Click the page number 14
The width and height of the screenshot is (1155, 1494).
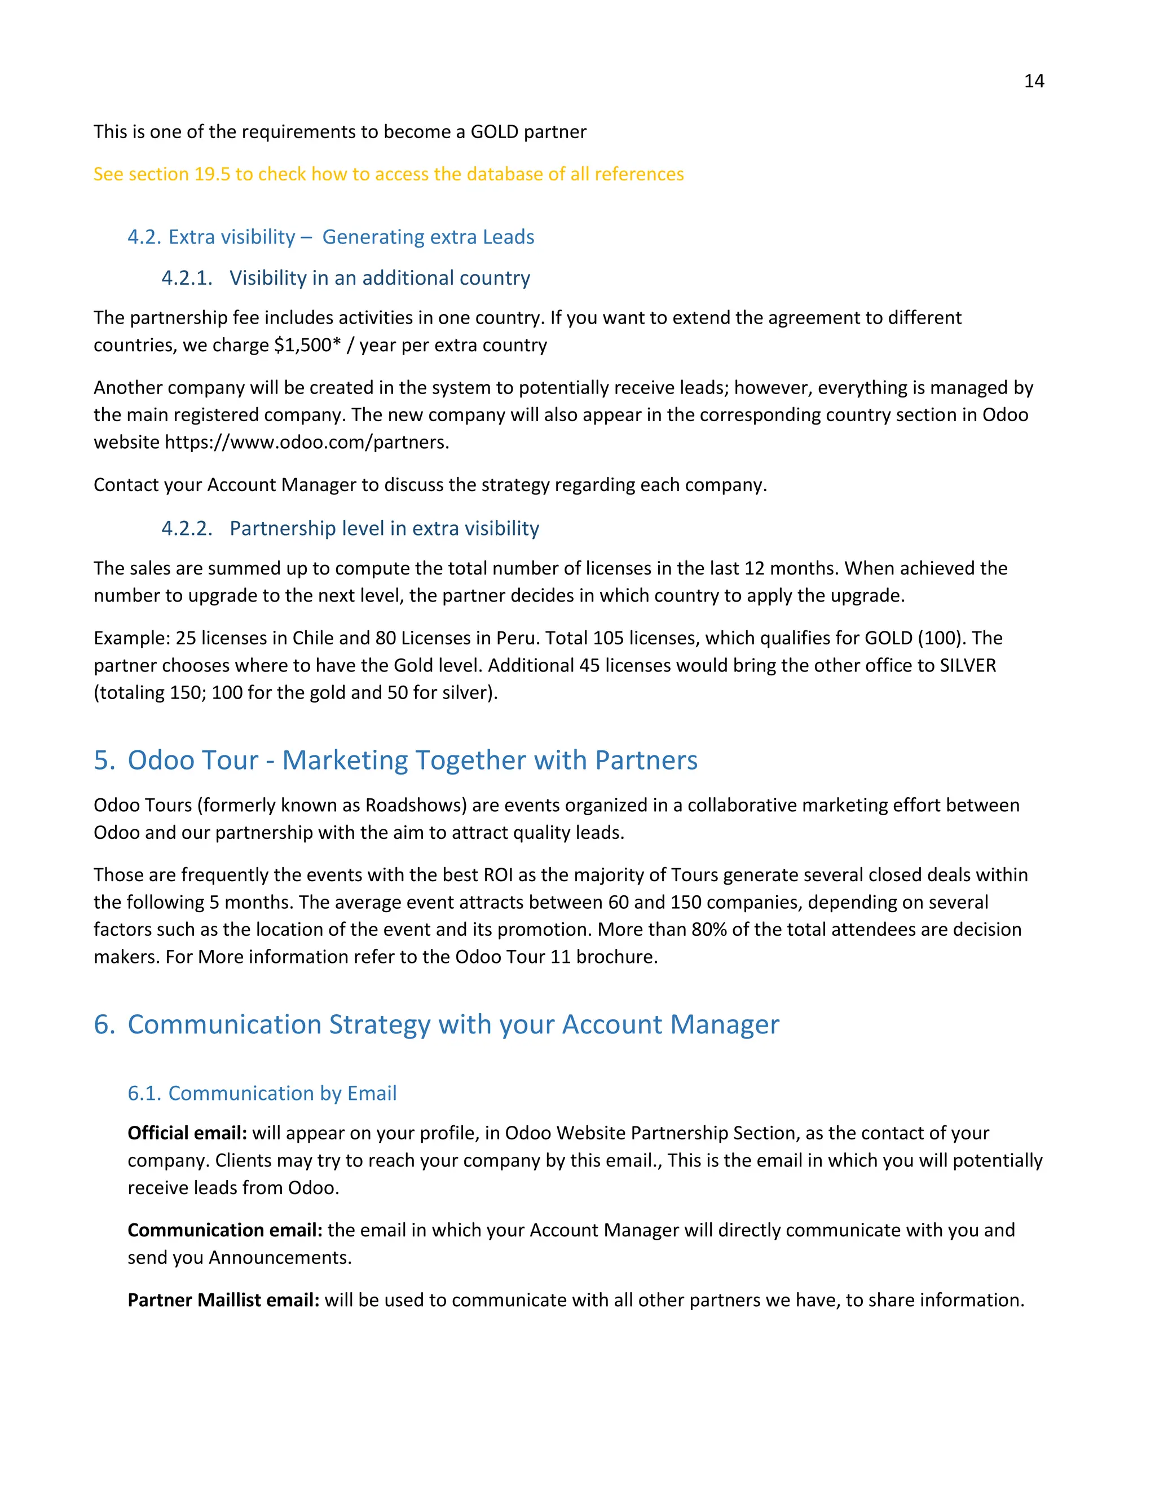coord(1033,81)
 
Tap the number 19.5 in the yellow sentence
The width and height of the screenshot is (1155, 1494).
coord(211,174)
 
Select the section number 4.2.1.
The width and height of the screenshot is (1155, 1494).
coord(187,278)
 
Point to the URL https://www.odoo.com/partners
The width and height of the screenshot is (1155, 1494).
coord(307,442)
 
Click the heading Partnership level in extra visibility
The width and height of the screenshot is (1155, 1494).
coord(384,528)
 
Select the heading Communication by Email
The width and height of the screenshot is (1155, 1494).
coord(282,1093)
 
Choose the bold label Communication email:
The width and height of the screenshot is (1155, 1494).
coord(224,1230)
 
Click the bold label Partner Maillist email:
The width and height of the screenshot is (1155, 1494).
coord(223,1299)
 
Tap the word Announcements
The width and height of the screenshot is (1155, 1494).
coord(280,1257)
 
